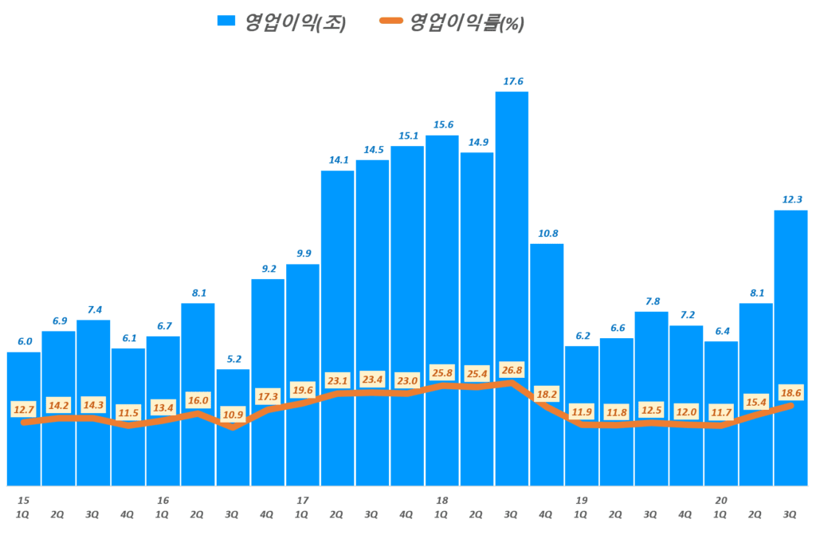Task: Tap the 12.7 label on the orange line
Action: [25, 410]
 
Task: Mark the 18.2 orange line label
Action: [547, 393]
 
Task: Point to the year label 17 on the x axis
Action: [302, 500]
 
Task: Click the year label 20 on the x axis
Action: [721, 500]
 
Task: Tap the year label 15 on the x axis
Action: [24, 500]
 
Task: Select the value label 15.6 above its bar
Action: [442, 125]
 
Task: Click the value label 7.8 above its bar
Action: [651, 301]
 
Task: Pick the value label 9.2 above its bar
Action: [268, 269]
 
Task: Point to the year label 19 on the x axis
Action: [582, 500]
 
